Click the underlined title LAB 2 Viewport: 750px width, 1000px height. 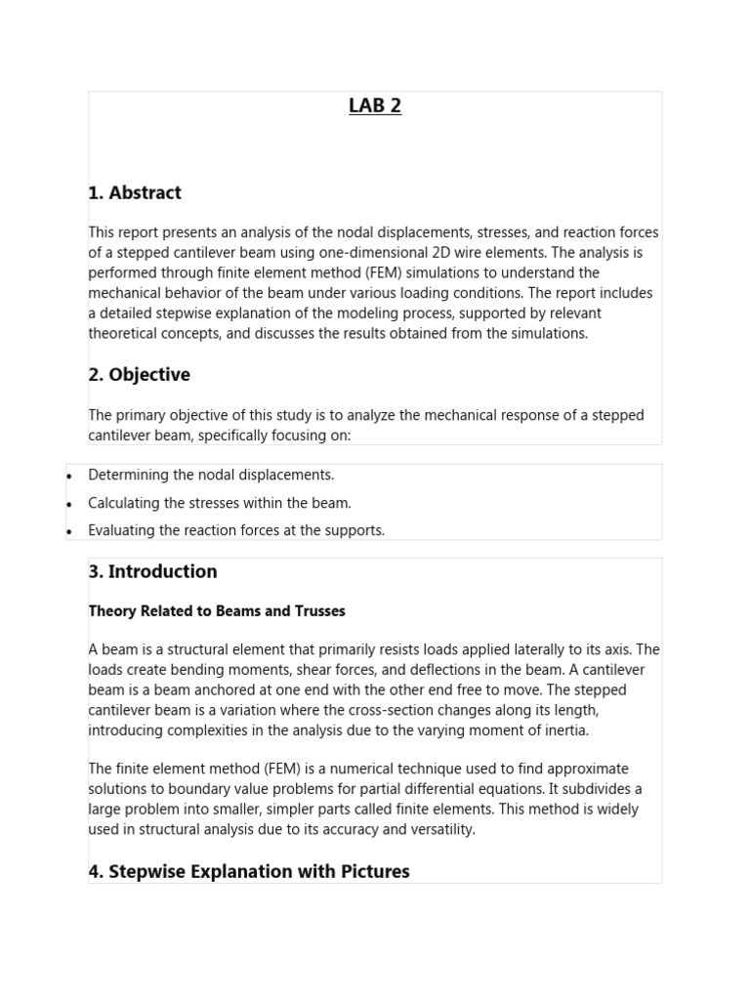coord(375,106)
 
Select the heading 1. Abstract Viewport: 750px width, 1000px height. coord(135,193)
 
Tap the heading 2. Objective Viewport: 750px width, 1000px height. coord(139,375)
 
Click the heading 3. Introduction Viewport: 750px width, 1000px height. coord(152,572)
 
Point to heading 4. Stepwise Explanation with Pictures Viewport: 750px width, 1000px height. coord(249,871)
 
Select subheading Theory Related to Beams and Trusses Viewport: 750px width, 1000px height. coord(216,611)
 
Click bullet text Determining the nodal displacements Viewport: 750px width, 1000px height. coord(211,476)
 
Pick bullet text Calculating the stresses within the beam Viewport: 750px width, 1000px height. coord(219,504)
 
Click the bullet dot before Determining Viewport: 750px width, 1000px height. coord(69,477)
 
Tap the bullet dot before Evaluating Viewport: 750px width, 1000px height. coord(69,532)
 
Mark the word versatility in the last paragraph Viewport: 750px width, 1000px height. coord(440,830)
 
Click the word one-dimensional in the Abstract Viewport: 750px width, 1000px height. coord(385,253)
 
